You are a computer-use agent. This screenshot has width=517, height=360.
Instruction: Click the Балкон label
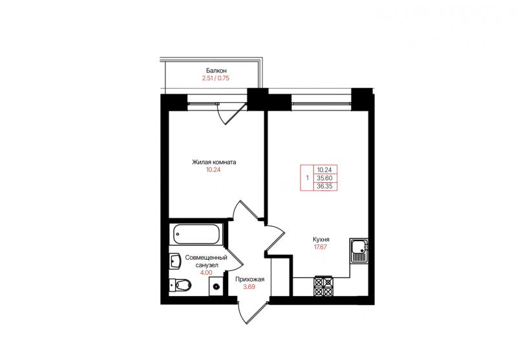point(216,70)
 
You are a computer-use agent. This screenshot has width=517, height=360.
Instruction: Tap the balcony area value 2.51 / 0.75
point(216,78)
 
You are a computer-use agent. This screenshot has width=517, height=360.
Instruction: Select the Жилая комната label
point(215,162)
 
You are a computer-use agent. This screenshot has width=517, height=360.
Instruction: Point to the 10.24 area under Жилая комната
point(213,170)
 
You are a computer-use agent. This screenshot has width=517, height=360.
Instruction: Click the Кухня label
point(321,239)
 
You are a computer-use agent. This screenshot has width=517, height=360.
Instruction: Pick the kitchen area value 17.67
point(320,247)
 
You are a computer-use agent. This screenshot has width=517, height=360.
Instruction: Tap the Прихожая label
point(249,280)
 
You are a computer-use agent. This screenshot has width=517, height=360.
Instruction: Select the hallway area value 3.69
point(249,287)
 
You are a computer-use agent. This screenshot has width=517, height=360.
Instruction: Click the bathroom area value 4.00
point(206,273)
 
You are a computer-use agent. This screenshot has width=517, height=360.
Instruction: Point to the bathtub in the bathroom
point(196,234)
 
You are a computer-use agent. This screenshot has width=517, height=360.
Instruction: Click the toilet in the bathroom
point(180,284)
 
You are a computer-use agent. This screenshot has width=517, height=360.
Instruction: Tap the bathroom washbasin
point(174,262)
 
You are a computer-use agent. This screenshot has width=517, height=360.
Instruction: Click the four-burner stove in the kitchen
point(324,286)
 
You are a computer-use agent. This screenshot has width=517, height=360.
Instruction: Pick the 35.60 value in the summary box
point(325,178)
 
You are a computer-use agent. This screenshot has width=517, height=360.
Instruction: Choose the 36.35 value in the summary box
point(325,186)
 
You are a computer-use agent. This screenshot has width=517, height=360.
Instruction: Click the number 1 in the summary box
point(308,178)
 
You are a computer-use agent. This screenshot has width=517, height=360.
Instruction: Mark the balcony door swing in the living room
point(232,114)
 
